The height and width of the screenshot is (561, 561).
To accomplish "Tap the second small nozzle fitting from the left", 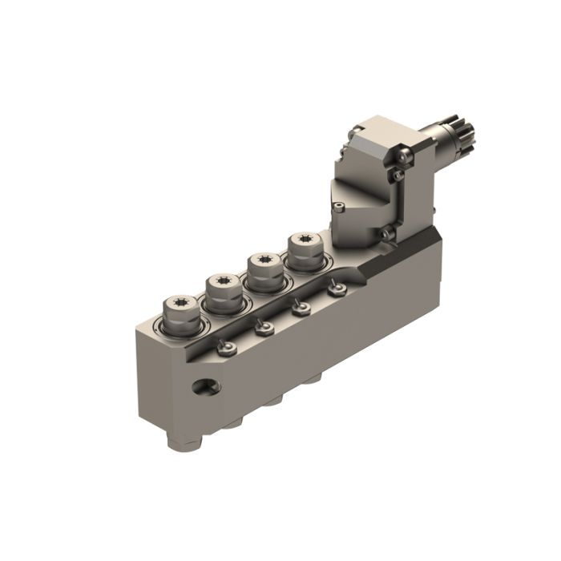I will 264,327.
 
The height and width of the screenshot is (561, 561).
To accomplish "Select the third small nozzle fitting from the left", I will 302,306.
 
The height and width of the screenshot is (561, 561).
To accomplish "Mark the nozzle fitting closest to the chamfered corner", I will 337,288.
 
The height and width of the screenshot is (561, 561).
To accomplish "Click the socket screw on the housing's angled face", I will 341,209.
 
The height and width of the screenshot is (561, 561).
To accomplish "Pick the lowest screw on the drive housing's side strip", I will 386,233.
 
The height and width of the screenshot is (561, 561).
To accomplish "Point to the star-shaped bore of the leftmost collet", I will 178,304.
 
